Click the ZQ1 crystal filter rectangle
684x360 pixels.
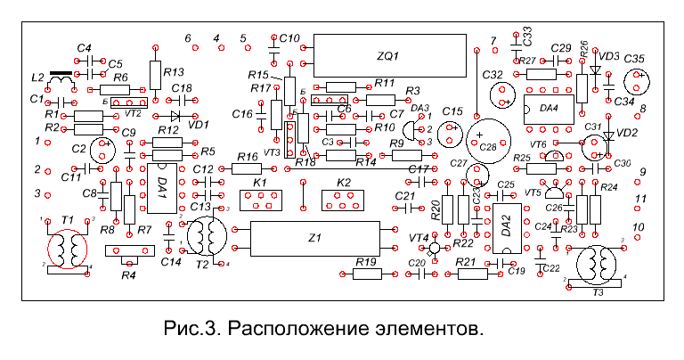pos(391,56)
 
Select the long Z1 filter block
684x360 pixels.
pos(313,238)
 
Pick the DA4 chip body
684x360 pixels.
pos(549,110)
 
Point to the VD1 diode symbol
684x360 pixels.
pos(175,115)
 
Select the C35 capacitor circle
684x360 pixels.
pos(635,80)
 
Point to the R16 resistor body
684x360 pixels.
pos(246,169)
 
